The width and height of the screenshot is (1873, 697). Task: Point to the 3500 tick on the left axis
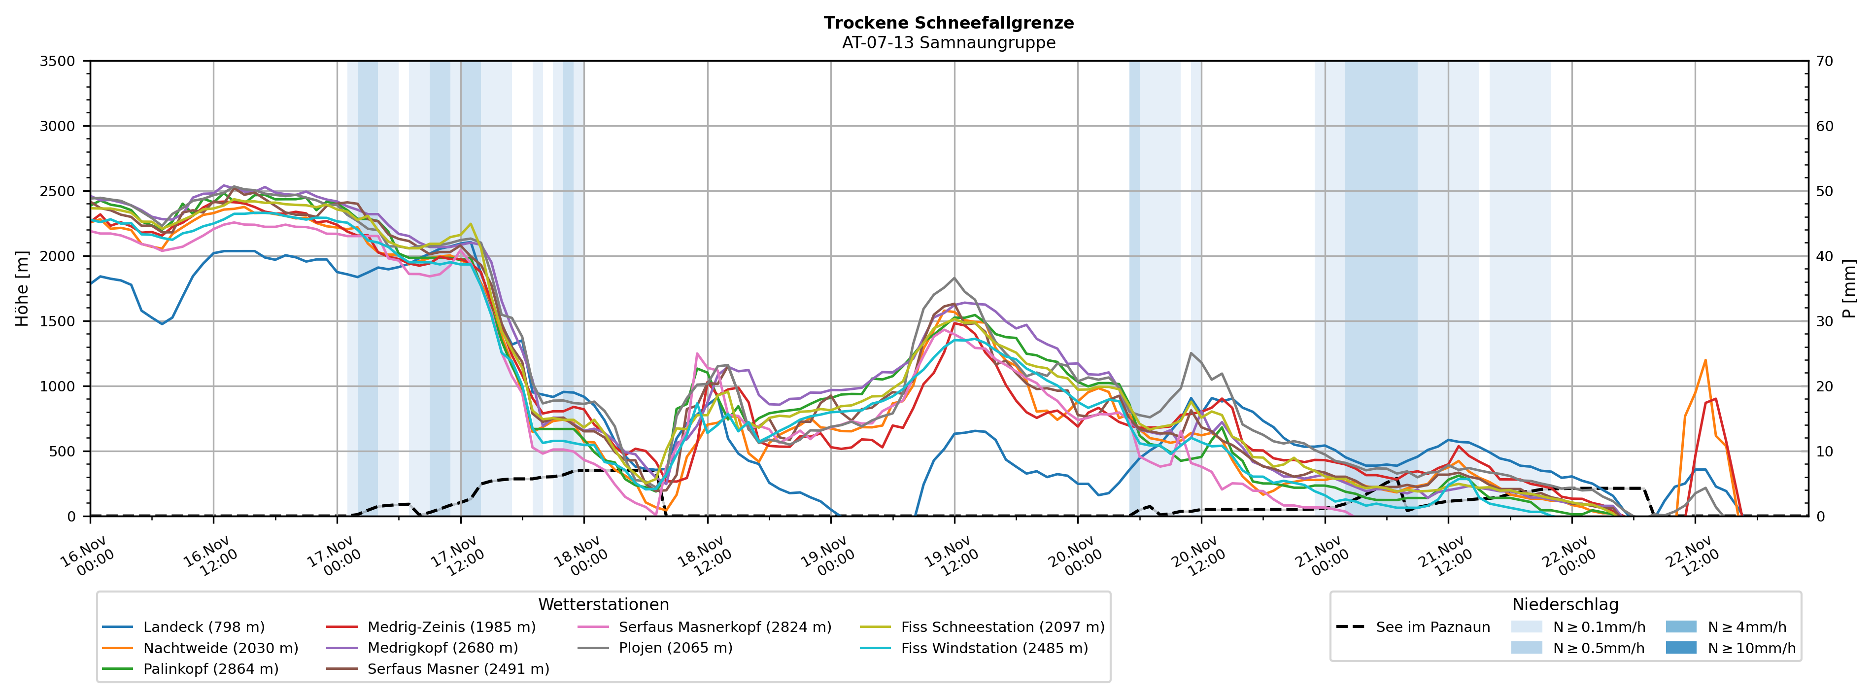(x=58, y=61)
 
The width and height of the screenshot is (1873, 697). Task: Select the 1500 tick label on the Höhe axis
(x=58, y=321)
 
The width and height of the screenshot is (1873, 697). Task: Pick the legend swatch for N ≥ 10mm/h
(x=1681, y=648)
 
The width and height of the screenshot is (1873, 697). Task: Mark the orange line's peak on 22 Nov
(x=1705, y=360)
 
